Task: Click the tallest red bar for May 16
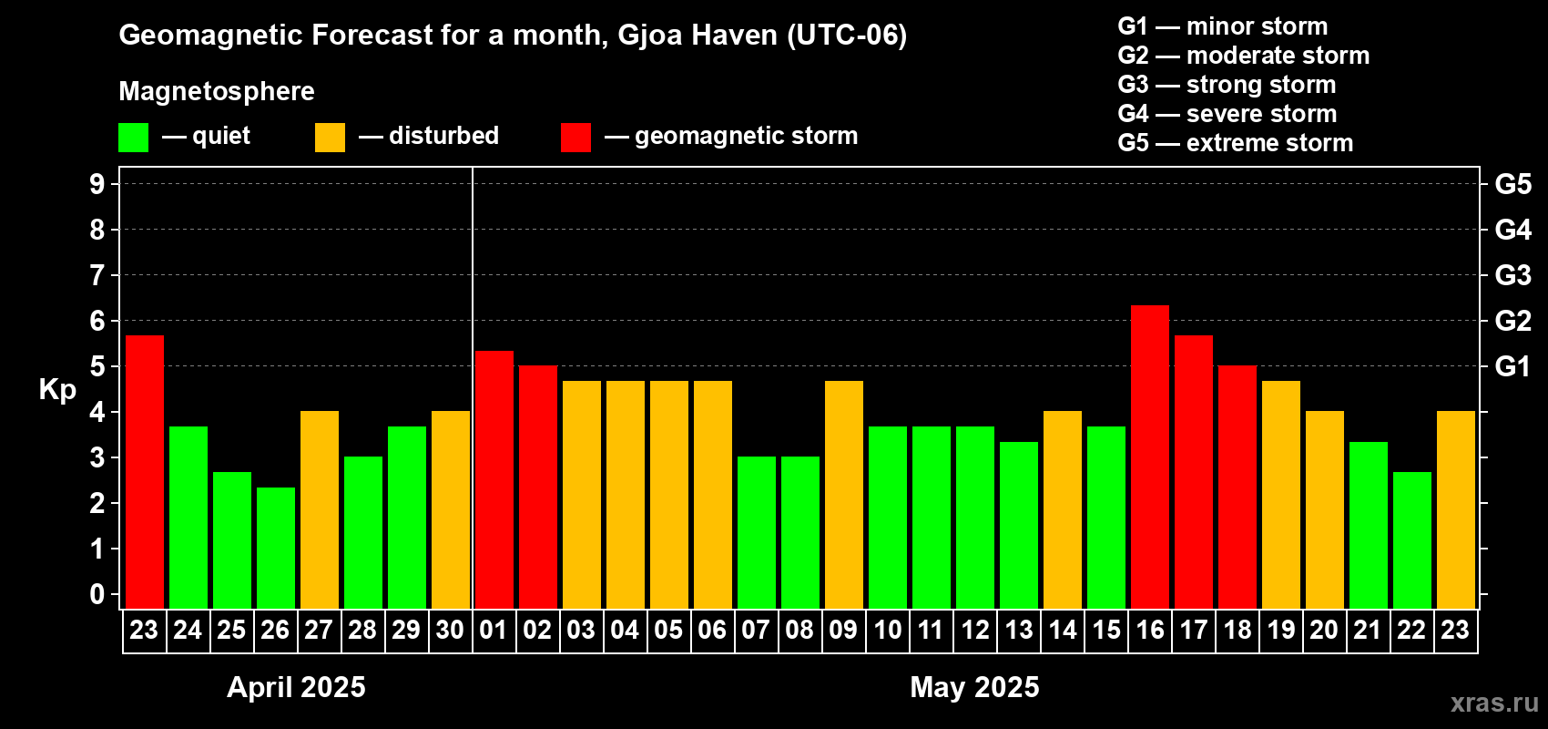(1150, 456)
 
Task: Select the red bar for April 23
(145, 471)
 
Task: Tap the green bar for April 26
(276, 548)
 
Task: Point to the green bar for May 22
(1412, 539)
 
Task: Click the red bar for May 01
(494, 479)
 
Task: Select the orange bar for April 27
(320, 509)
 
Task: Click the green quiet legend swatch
(134, 138)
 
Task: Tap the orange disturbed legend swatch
(330, 138)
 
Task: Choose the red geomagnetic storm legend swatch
(575, 138)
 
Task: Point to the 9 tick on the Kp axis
(97, 184)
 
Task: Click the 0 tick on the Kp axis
(97, 595)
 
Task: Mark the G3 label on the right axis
(1512, 275)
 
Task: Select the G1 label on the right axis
(1512, 366)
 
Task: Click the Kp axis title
(57, 390)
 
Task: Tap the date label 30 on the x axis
(450, 630)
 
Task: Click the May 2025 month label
(974, 687)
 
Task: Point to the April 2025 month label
(296, 687)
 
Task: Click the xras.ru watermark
(1494, 703)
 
